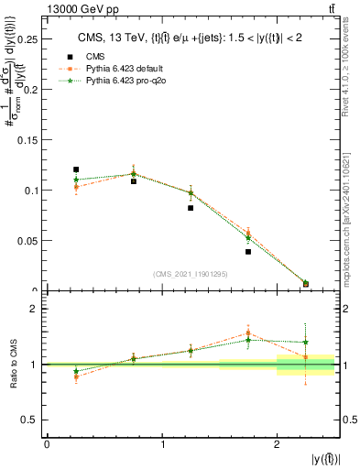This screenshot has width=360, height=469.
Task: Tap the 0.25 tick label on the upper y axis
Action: [27, 40]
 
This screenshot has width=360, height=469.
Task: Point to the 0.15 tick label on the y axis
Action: [27, 140]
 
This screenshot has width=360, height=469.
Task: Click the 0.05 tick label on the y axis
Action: [27, 241]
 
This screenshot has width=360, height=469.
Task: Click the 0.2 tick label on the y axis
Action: [29, 91]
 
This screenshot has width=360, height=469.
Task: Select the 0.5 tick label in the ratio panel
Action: [29, 420]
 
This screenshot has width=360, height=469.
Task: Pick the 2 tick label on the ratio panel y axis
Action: [33, 309]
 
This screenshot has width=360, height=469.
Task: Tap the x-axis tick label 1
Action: [162, 444]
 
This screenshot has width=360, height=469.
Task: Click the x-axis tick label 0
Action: [47, 444]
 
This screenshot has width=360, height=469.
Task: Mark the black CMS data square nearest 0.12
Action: [76, 169]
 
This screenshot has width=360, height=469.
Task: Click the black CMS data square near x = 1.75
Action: [248, 251]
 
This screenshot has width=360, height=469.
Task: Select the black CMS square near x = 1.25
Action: [191, 208]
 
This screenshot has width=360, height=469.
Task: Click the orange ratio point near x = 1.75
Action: [248, 333]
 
